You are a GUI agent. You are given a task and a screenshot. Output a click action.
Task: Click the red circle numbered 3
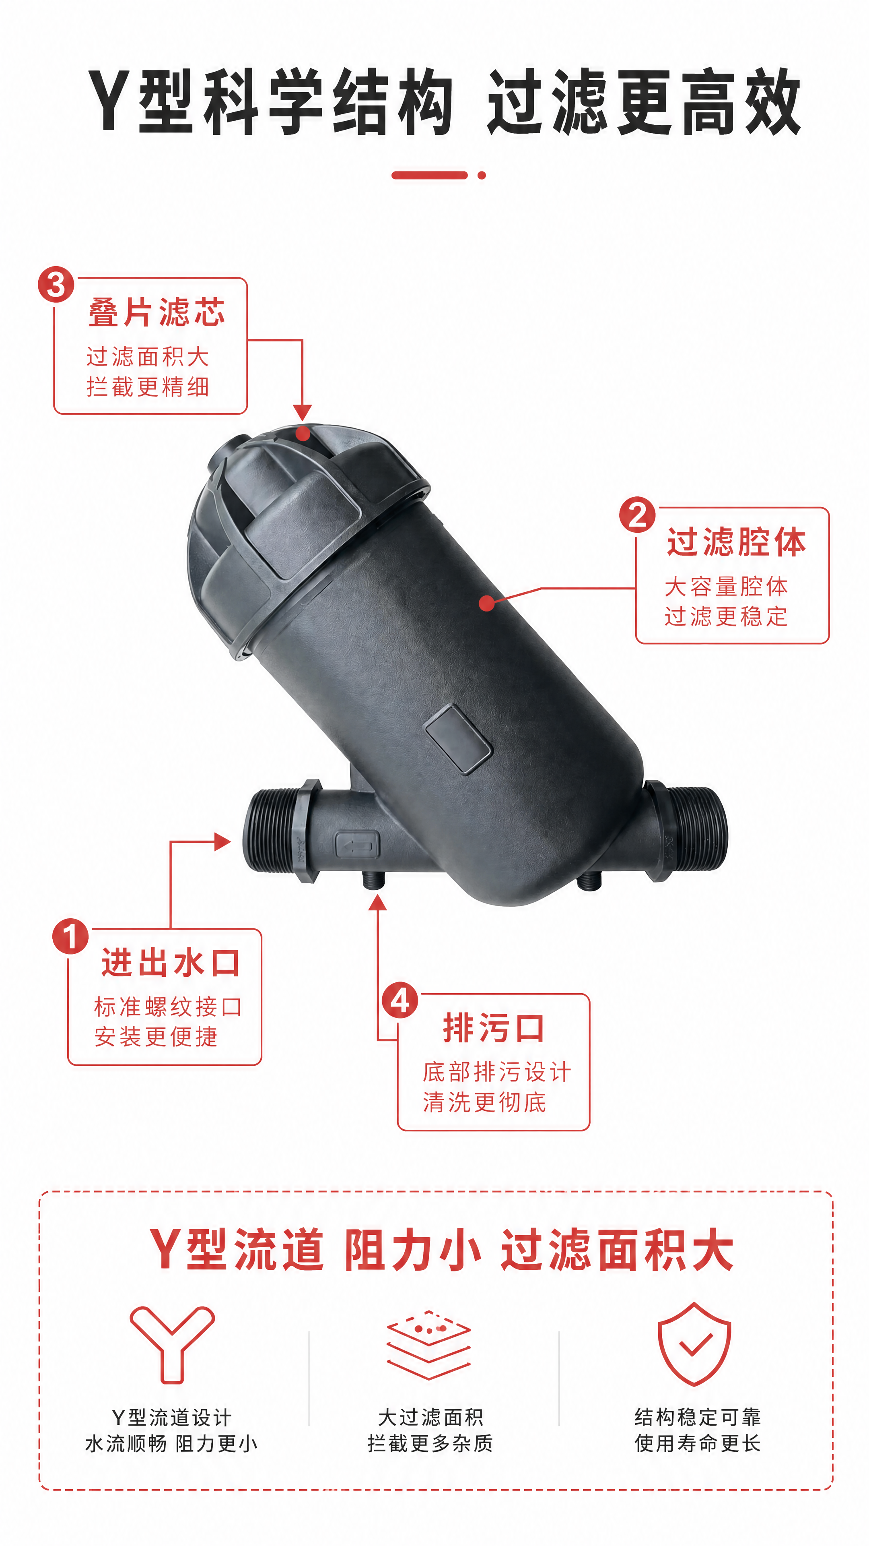pyautogui.click(x=56, y=285)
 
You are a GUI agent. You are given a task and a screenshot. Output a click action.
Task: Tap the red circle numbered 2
pyautogui.click(x=638, y=515)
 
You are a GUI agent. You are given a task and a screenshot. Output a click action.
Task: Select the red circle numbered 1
pyautogui.click(x=70, y=937)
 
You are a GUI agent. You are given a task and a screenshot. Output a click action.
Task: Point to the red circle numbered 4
pyautogui.click(x=400, y=1000)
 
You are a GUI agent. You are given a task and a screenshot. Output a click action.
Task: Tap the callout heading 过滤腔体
pyautogui.click(x=737, y=542)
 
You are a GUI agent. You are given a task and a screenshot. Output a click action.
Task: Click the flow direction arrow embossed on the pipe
pyautogui.click(x=357, y=847)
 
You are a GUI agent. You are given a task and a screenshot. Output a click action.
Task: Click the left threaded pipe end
pyautogui.click(x=279, y=831)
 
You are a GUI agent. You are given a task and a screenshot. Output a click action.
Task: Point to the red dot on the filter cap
pyautogui.click(x=303, y=433)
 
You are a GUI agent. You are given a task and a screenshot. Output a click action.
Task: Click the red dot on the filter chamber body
pyautogui.click(x=487, y=603)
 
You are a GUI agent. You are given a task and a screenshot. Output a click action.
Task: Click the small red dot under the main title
pyautogui.click(x=482, y=175)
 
